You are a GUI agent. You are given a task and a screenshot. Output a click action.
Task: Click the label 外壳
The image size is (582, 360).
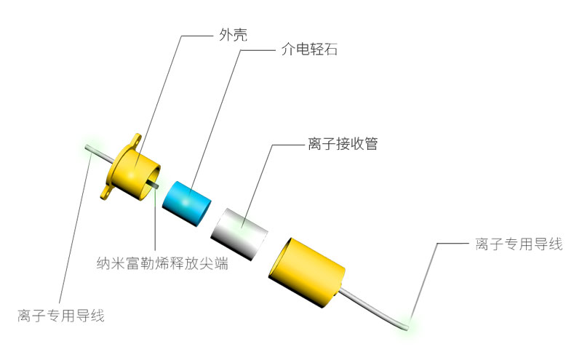(233, 35)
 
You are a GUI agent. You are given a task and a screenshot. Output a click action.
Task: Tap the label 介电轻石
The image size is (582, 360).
(309, 49)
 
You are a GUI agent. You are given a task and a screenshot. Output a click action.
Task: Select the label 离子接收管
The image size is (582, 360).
(343, 143)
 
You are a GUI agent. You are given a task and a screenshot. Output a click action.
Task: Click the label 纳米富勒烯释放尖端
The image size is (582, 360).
(162, 263)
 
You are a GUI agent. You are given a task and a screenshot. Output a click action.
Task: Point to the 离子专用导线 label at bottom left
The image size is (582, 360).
(61, 316)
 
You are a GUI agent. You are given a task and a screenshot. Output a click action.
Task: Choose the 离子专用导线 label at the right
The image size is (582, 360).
(519, 244)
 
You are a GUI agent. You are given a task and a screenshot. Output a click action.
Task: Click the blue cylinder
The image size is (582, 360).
(187, 204)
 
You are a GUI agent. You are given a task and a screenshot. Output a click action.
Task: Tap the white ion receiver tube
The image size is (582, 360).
(239, 233)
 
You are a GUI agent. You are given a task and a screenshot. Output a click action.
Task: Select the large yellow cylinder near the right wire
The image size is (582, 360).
(306, 273)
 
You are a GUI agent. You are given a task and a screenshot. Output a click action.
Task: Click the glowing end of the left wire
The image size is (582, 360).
(87, 148)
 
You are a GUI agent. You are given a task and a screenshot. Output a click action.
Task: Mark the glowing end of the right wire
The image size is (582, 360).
(406, 327)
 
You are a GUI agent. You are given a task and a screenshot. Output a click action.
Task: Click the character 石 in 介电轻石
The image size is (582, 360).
(331, 49)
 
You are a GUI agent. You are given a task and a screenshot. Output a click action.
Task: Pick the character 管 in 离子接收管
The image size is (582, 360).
(371, 143)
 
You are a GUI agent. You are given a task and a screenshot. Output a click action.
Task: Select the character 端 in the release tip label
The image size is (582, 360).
(222, 263)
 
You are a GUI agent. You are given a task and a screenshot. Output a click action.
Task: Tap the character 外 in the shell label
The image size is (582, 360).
(226, 35)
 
